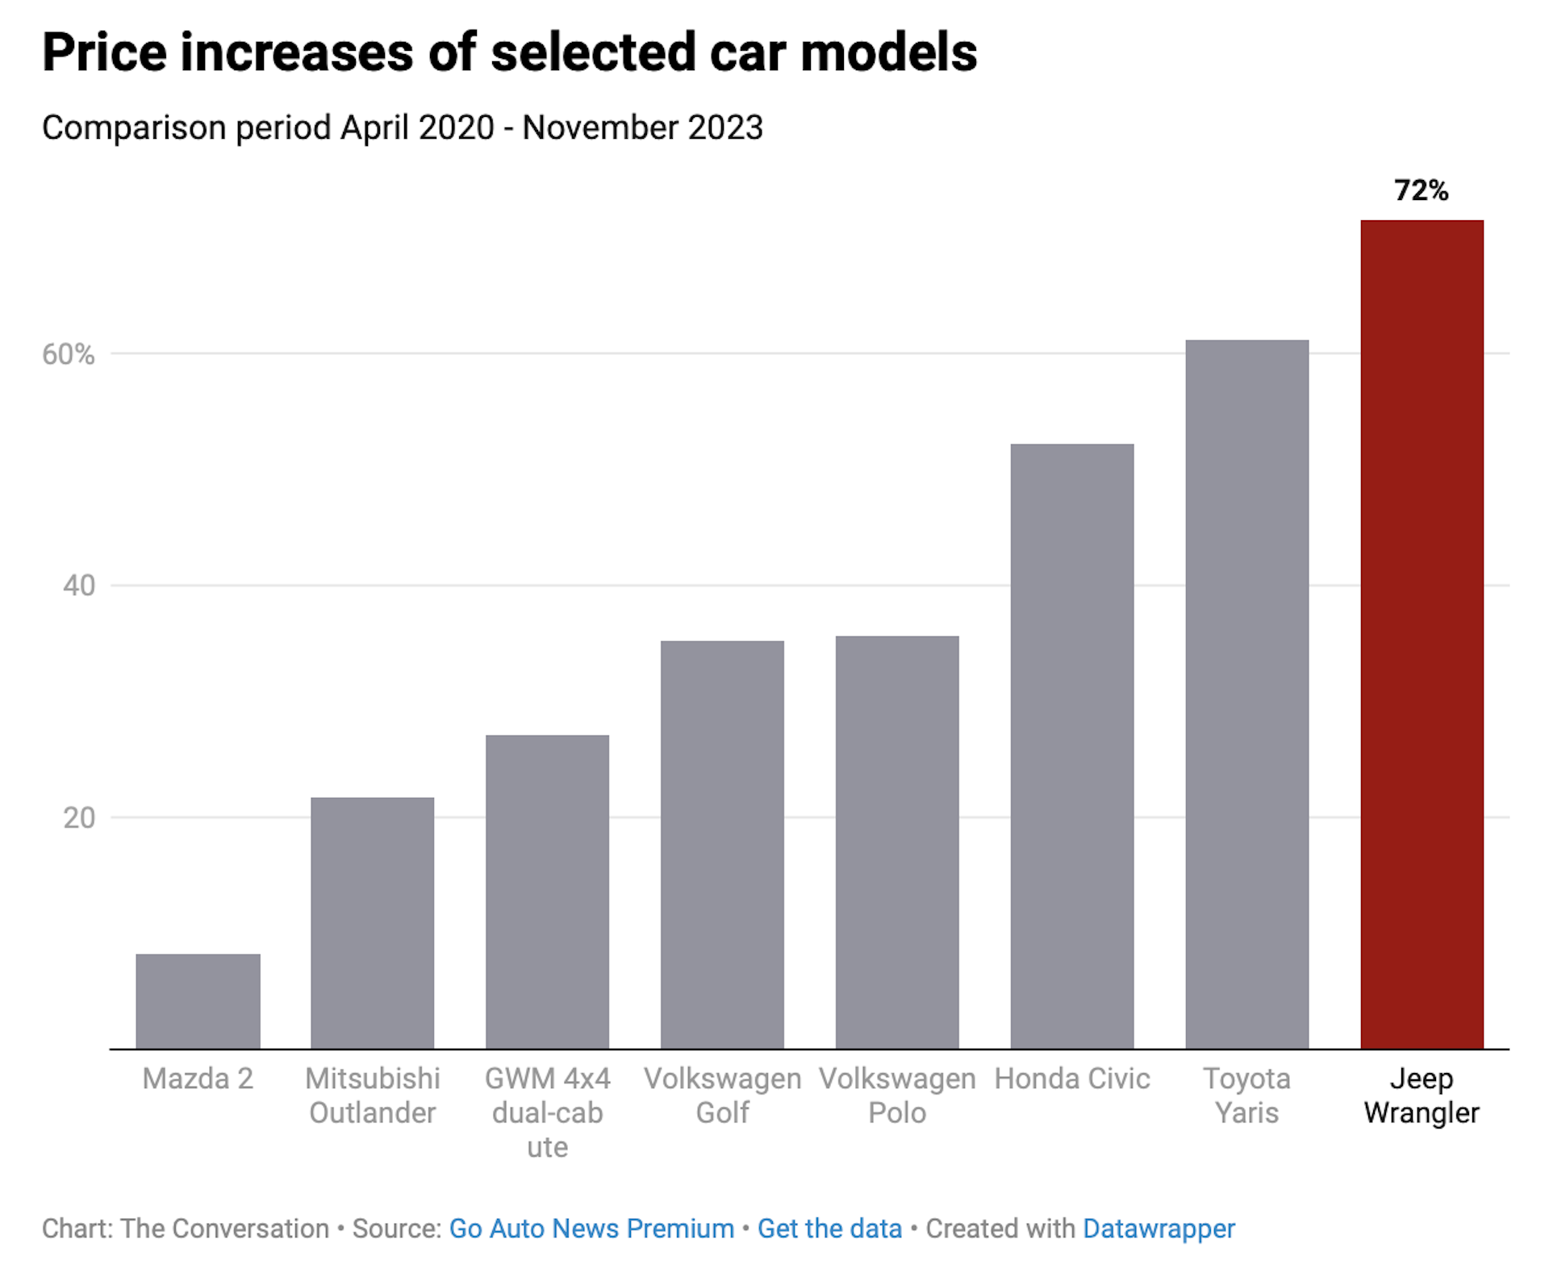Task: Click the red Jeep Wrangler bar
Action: [1422, 634]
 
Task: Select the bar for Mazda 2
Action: [198, 1001]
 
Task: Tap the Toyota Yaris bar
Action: [1246, 694]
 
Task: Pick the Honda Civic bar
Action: [1071, 746]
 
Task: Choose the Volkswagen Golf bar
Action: [722, 845]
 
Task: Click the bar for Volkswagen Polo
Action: [897, 842]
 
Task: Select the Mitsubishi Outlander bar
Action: [372, 923]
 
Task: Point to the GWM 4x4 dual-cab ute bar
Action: [547, 891]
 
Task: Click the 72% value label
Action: [1422, 191]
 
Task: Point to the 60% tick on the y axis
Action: [69, 354]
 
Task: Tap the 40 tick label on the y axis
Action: [79, 586]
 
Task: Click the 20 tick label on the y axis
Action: [79, 818]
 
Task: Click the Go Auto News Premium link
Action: [591, 1229]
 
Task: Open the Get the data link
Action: [829, 1229]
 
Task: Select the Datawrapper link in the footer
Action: [1159, 1229]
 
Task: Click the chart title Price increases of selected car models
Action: [509, 52]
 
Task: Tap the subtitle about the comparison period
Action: [402, 127]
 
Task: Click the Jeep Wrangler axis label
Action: [1422, 1095]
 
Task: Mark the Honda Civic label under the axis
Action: [1071, 1079]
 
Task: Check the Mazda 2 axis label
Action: [198, 1079]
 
